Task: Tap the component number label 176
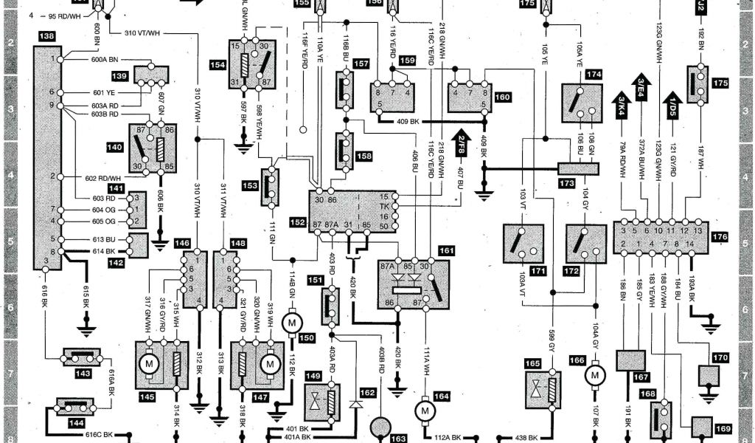(x=720, y=237)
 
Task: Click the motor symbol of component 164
(x=425, y=408)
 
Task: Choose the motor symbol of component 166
(x=594, y=376)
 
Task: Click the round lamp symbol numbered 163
(x=380, y=427)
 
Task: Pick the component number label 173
(x=566, y=182)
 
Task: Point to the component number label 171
(x=538, y=272)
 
